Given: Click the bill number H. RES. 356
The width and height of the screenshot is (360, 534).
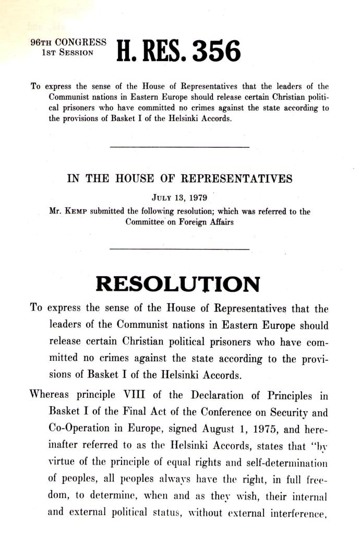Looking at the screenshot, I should pos(179,52).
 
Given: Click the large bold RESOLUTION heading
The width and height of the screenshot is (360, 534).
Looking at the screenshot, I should pos(178,284).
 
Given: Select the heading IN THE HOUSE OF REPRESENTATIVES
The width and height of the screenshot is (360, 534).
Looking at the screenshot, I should pos(180,179).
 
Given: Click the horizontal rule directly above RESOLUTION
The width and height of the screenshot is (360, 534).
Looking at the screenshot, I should pos(180,249).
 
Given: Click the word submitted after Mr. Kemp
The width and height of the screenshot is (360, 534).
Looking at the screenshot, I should pos(112,211).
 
